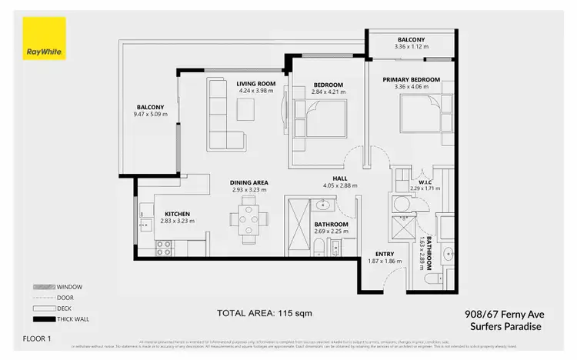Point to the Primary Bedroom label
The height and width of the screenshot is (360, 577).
click(x=412, y=79)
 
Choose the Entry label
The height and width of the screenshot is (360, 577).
click(x=385, y=254)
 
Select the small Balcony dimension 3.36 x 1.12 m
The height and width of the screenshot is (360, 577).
click(x=411, y=46)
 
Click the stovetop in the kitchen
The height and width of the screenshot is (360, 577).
click(x=164, y=247)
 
